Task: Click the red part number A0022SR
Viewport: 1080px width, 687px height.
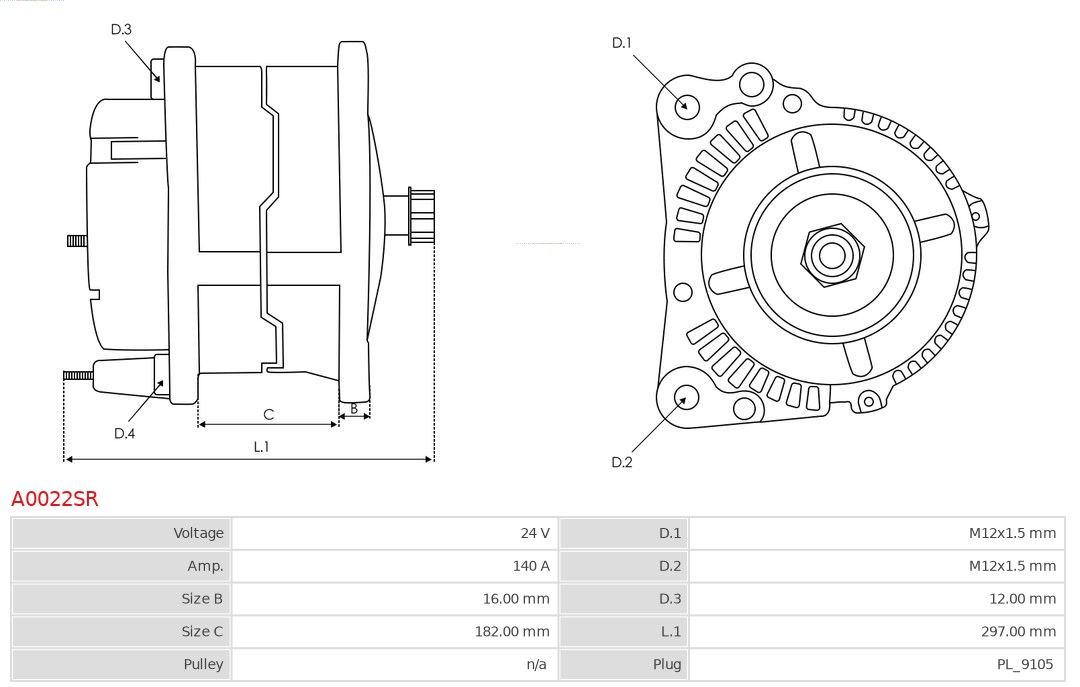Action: click(x=54, y=498)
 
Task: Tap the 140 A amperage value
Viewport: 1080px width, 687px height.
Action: click(x=531, y=566)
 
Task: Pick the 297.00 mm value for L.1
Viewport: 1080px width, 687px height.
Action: click(x=1018, y=631)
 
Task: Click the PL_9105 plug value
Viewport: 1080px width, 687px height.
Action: click(x=1025, y=664)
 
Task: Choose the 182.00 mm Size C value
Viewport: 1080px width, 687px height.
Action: click(x=512, y=631)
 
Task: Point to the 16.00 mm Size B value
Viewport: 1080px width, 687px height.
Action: click(x=516, y=599)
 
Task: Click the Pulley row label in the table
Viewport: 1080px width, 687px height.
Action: click(x=203, y=664)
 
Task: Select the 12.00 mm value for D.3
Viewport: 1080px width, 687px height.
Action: click(x=1022, y=599)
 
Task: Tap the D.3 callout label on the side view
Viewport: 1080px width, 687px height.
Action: click(x=121, y=29)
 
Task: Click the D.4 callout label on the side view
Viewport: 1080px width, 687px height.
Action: click(x=124, y=433)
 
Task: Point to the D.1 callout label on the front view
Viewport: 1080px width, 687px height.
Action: click(x=621, y=43)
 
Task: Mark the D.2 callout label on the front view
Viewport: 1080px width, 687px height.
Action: click(x=621, y=462)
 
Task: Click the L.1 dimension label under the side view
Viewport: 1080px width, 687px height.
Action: click(x=261, y=447)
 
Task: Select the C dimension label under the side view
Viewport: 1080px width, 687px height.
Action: click(x=269, y=414)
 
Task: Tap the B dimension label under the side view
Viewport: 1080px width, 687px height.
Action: click(x=354, y=408)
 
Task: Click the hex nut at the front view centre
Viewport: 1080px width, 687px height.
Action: click(x=832, y=256)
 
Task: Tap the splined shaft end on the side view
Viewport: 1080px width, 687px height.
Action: click(x=421, y=216)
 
